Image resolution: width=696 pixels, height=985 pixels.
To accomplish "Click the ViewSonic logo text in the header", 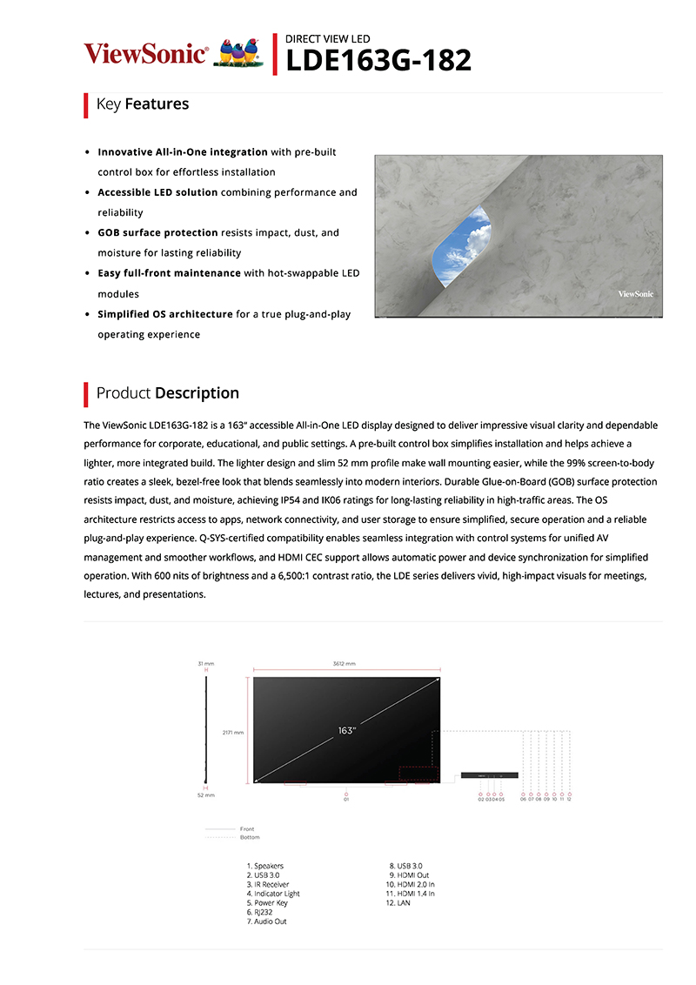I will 145,54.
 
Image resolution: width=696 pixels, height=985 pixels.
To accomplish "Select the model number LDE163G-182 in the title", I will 378,60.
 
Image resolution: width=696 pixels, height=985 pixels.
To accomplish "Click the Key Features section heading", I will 143,104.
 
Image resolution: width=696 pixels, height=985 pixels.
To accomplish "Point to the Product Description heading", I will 167,393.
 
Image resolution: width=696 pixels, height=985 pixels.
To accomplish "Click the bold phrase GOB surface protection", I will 157,233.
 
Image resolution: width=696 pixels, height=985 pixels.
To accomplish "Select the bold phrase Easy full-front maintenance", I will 169,273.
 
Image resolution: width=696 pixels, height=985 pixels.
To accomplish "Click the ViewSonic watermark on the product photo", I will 635,294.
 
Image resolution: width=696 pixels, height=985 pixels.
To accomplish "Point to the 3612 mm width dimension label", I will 345,663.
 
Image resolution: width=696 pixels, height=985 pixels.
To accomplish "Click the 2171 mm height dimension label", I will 232,732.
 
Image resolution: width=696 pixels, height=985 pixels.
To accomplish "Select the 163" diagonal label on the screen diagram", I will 346,731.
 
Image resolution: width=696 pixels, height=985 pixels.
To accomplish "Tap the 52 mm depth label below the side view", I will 205,795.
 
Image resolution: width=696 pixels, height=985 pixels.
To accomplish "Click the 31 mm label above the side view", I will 205,663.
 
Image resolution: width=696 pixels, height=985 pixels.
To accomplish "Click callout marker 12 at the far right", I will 569,798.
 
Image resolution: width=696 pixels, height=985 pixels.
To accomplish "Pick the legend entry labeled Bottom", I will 250,837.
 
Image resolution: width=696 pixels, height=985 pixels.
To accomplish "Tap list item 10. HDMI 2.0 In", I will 411,885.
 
